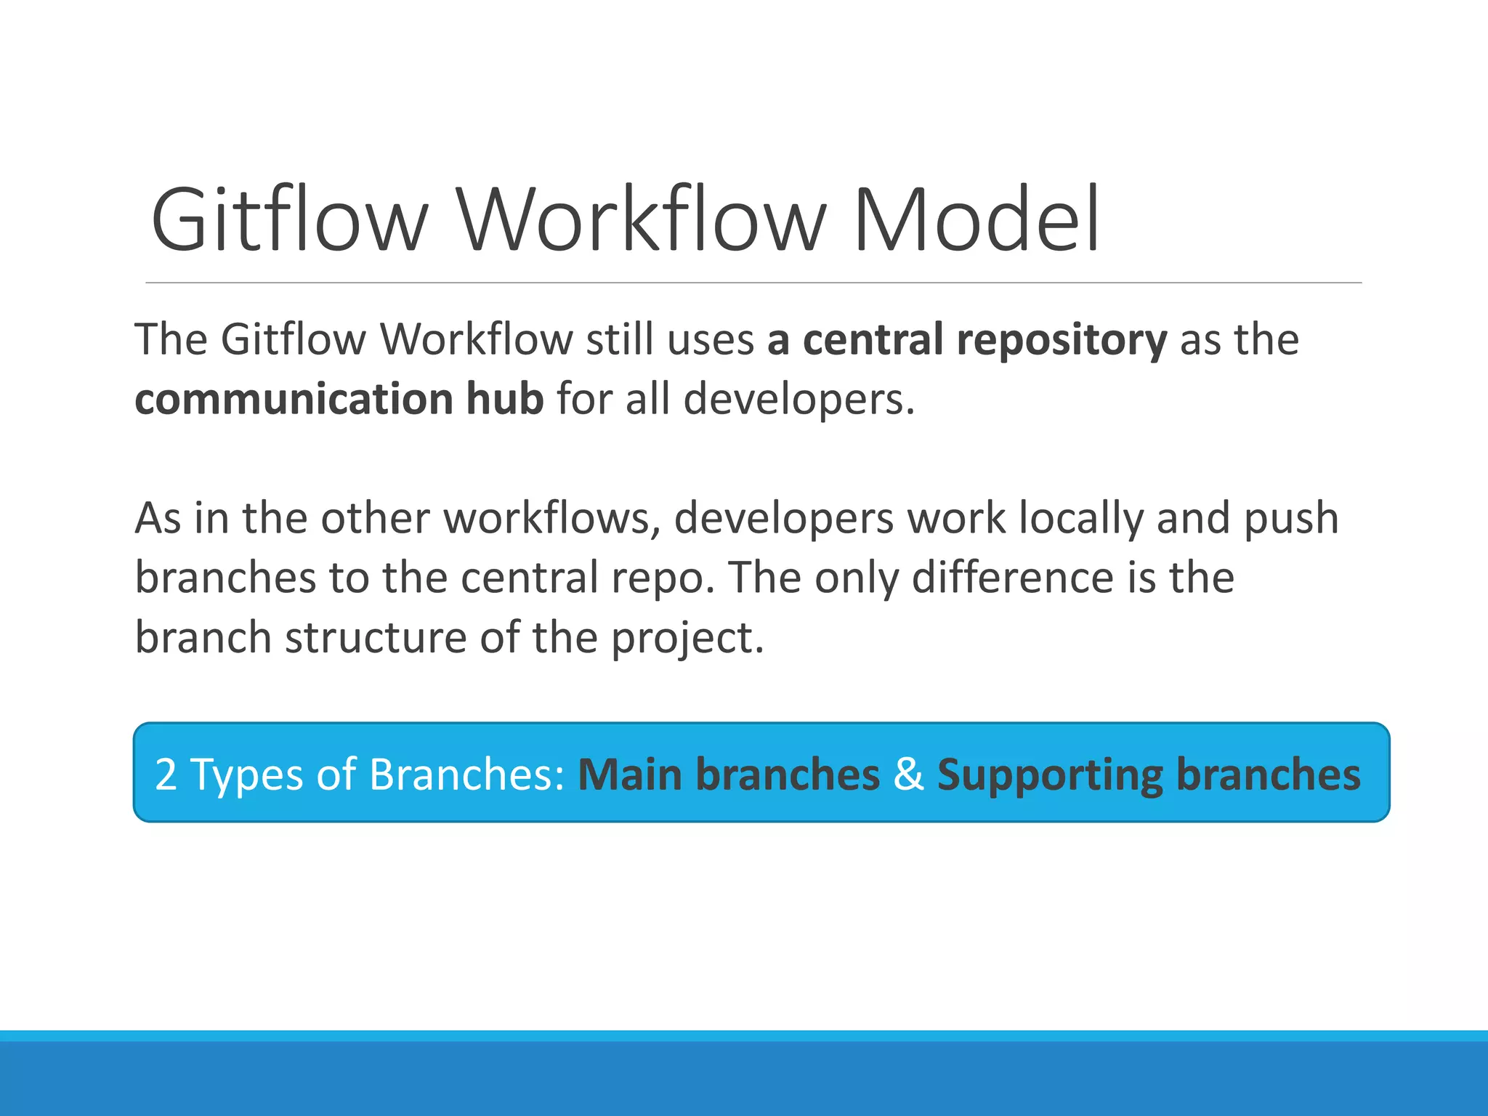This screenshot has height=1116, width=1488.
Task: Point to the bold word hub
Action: tap(504, 400)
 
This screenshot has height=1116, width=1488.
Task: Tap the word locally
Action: tap(1080, 519)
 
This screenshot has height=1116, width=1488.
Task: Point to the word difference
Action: tap(1013, 578)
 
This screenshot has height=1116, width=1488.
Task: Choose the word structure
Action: tap(376, 638)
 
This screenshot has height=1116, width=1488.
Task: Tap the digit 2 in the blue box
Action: tap(166, 775)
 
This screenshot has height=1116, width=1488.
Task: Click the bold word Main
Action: tap(630, 775)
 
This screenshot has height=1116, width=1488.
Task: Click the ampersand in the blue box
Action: tap(908, 775)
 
